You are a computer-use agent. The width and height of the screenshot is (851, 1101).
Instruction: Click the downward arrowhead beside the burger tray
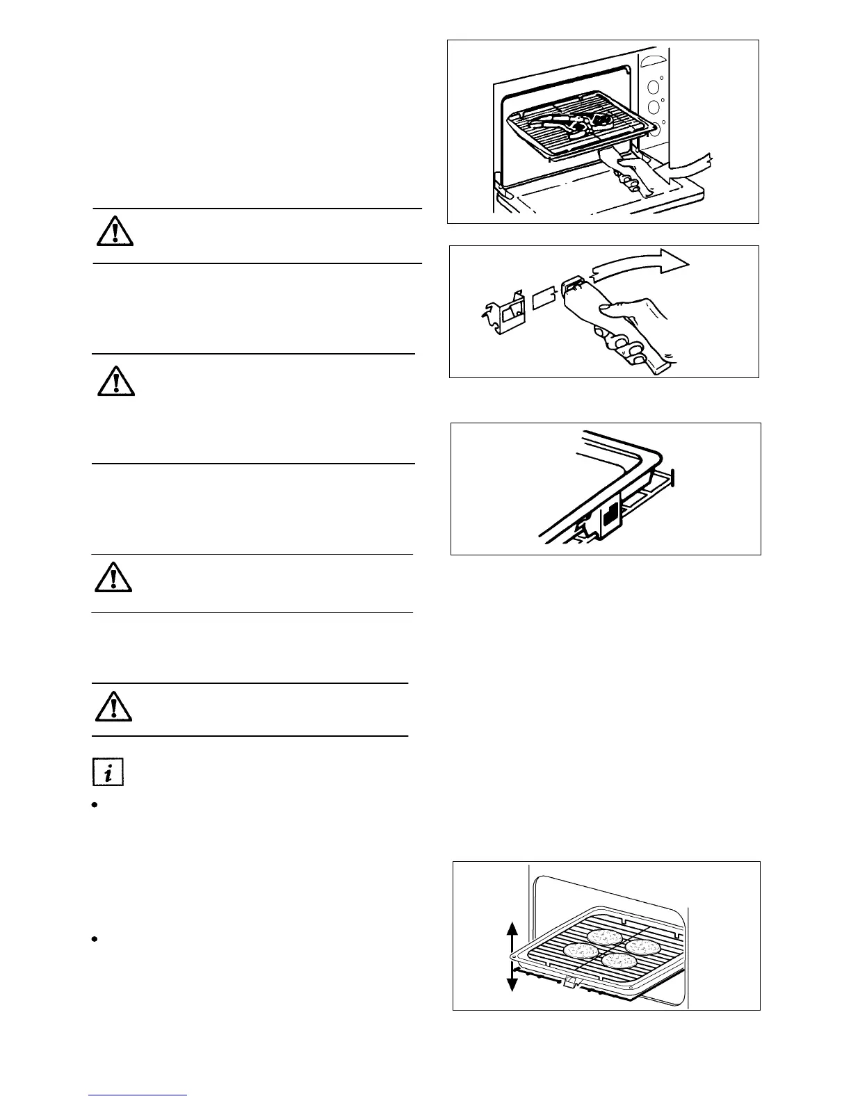pyautogui.click(x=512, y=983)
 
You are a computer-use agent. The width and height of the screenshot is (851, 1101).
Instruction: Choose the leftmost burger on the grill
pyautogui.click(x=577, y=949)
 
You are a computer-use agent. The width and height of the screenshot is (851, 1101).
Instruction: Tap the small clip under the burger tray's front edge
pyautogui.click(x=570, y=981)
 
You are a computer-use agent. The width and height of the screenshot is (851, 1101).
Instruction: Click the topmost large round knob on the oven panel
pyautogui.click(x=653, y=88)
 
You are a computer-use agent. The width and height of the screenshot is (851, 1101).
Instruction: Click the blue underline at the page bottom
pyautogui.click(x=138, y=1095)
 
